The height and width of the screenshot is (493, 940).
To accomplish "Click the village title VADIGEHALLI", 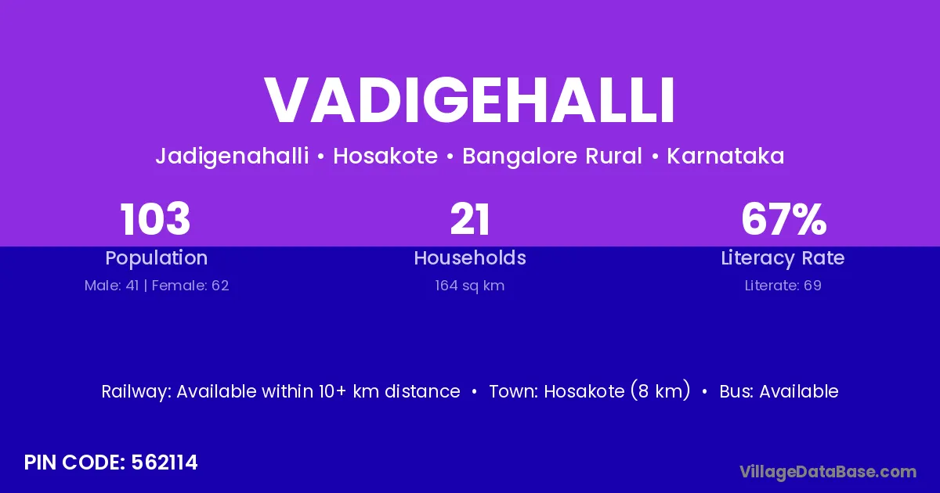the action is click(x=469, y=100).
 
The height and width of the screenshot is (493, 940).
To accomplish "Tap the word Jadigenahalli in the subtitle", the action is click(x=232, y=157).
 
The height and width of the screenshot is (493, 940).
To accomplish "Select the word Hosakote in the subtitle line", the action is click(x=385, y=156).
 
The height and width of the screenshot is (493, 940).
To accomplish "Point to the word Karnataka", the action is click(x=725, y=156).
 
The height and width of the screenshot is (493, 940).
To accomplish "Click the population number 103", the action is click(x=155, y=219).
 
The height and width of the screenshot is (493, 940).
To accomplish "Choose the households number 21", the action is click(x=469, y=219).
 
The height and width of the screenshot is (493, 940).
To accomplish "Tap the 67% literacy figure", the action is click(x=784, y=219).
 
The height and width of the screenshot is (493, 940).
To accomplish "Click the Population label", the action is click(x=157, y=258).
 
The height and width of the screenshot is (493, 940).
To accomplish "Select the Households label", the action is click(x=470, y=257).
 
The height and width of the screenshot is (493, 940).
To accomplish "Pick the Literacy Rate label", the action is click(x=783, y=258).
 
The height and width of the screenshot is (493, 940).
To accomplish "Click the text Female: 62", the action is click(x=190, y=286).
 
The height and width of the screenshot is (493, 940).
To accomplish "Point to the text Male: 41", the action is click(x=111, y=286).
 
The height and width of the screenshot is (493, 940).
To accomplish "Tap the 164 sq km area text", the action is click(x=469, y=286).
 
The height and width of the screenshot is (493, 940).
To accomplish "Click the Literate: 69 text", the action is click(x=783, y=286).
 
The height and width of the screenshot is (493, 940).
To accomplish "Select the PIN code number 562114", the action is click(x=164, y=462).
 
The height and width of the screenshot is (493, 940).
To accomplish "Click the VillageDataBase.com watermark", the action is click(x=828, y=472).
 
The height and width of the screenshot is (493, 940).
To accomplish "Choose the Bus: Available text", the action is click(x=779, y=391).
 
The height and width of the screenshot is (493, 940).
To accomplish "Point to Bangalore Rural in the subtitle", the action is click(x=551, y=157).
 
